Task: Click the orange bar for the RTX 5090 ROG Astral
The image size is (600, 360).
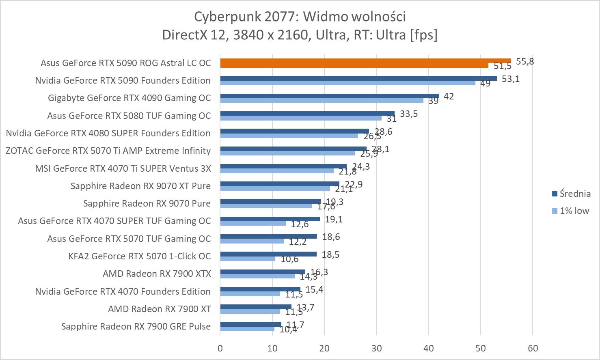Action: click(365, 60)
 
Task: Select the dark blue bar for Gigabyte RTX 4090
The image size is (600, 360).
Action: click(329, 96)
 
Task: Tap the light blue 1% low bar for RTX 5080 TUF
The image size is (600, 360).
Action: click(301, 118)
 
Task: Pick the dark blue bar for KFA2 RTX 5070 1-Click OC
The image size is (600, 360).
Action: click(268, 254)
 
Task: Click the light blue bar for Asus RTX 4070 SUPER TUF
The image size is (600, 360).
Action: click(253, 223)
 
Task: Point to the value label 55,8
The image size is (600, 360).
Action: click(524, 62)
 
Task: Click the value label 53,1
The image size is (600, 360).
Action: click(510, 79)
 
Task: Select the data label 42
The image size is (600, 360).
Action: click(449, 97)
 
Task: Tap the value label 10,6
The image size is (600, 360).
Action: click(289, 259)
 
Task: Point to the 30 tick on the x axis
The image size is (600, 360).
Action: click(376, 348)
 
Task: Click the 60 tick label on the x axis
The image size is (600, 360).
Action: click(533, 348)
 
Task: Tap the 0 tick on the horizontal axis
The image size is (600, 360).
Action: click(220, 348)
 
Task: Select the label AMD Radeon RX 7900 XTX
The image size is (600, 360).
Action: click(157, 274)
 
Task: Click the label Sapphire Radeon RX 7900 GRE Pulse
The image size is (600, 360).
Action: click(136, 326)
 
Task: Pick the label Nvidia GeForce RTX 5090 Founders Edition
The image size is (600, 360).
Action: click(123, 80)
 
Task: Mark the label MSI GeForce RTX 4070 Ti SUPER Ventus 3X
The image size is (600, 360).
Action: click(123, 168)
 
